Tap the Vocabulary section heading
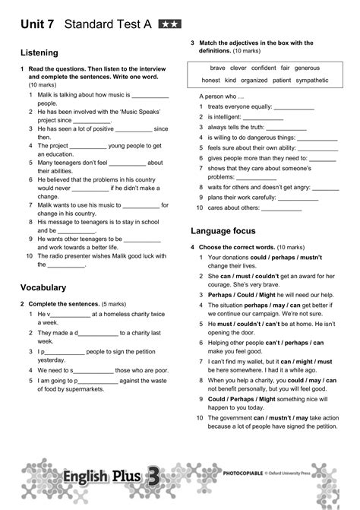(x=44, y=287)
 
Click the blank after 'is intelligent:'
(x=263, y=119)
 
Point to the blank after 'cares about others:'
(x=282, y=207)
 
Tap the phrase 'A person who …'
(x=219, y=97)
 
